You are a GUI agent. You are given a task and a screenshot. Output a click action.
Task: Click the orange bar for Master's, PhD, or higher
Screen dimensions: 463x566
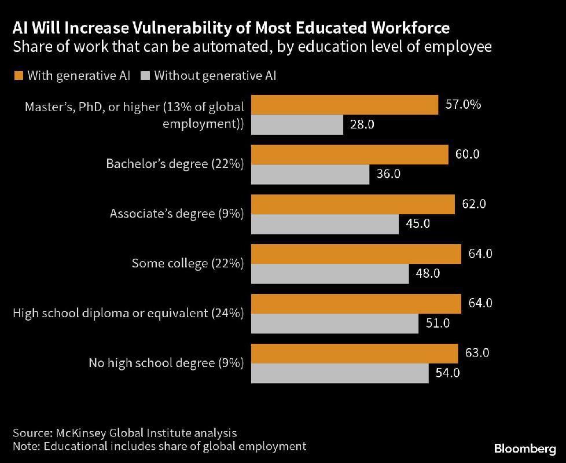(344, 105)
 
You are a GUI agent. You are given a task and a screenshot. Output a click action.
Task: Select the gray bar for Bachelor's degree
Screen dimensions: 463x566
(310, 174)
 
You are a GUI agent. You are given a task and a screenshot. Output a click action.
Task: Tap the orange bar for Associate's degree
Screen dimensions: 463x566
(353, 204)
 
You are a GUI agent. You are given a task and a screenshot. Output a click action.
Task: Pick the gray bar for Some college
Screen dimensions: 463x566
(330, 274)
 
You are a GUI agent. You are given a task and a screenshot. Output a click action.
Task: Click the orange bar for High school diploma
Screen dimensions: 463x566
(356, 303)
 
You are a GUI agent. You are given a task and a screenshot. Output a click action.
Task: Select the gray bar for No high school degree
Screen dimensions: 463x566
(340, 373)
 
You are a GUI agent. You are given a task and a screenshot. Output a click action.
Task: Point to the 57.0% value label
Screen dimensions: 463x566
(463, 105)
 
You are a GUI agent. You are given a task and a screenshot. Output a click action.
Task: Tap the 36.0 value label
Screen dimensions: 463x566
(389, 174)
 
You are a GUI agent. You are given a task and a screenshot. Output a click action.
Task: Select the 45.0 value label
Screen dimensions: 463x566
(418, 224)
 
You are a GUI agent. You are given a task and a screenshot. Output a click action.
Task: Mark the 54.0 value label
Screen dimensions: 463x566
(448, 373)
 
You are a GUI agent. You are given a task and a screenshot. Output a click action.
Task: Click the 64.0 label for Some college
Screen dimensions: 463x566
(481, 253)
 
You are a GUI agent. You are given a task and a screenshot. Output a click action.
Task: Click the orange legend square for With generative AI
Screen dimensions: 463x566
(17, 75)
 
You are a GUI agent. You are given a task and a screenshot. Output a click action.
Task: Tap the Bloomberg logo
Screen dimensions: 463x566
(525, 449)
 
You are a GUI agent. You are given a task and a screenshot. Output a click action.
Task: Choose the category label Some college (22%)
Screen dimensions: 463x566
(188, 263)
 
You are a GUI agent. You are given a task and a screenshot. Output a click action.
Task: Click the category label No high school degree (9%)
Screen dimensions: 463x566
(166, 363)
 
